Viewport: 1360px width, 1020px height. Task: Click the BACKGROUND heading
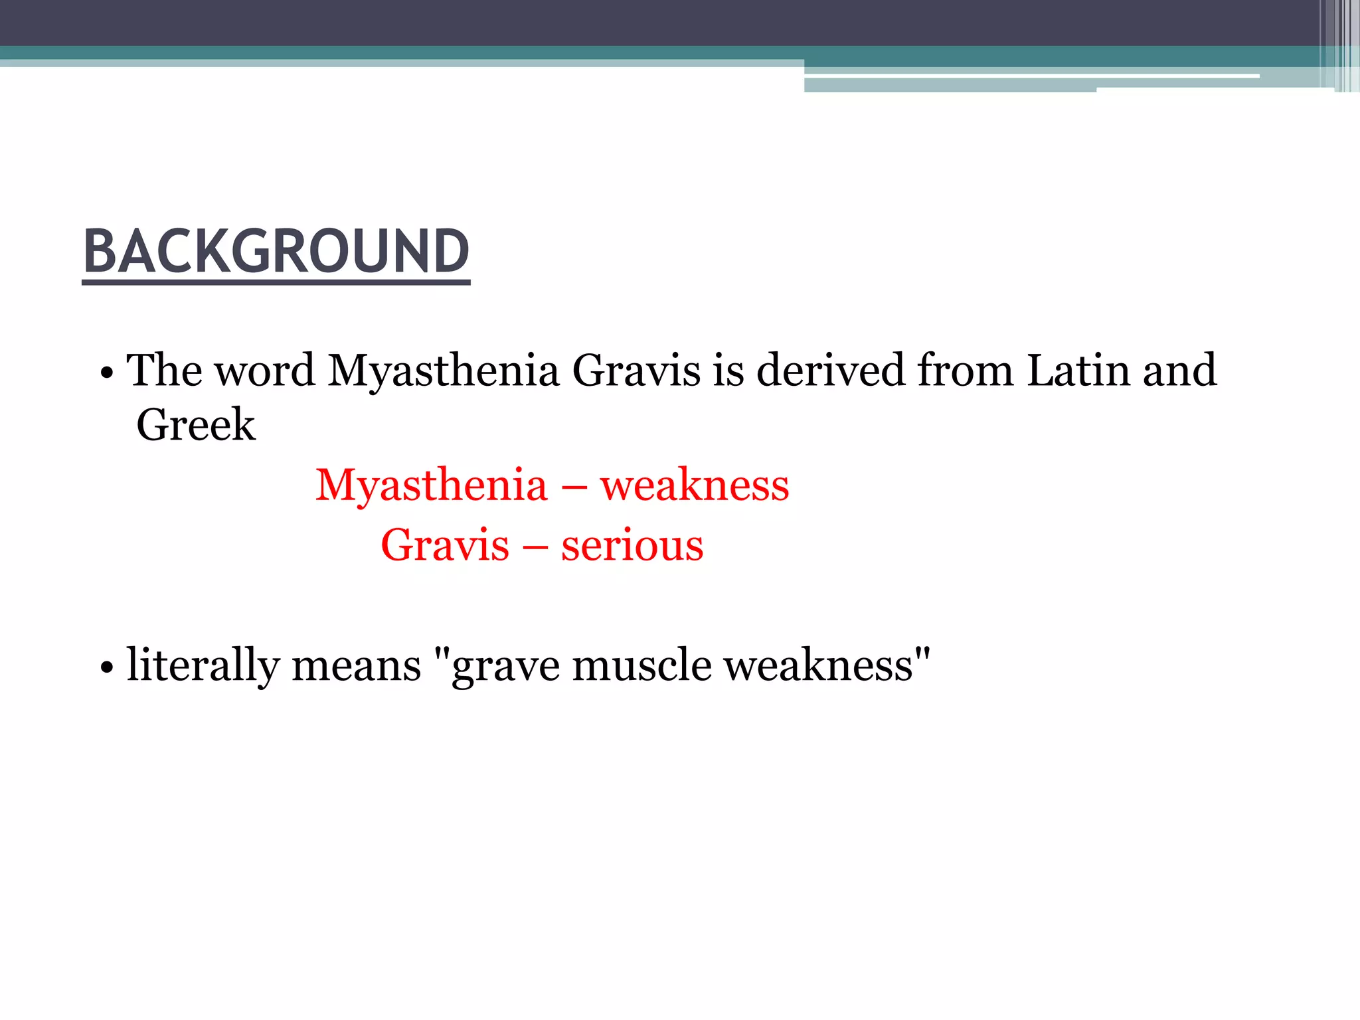pyautogui.click(x=276, y=252)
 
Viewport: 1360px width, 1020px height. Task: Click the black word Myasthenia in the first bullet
pyautogui.click(x=443, y=371)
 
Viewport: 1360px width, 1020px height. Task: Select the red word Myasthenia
pyautogui.click(x=432, y=485)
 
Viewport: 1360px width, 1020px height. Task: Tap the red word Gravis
pyautogui.click(x=445, y=545)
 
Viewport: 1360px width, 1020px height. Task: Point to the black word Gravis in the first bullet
pyautogui.click(x=636, y=371)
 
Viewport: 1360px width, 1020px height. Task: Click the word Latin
pyautogui.click(x=1078, y=371)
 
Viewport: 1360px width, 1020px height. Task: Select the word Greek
pyautogui.click(x=196, y=425)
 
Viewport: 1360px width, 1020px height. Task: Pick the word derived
pyautogui.click(x=831, y=371)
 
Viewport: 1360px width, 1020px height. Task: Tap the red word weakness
pyautogui.click(x=695, y=485)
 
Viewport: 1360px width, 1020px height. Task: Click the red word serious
pyautogui.click(x=632, y=545)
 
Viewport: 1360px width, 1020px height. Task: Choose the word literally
pyautogui.click(x=203, y=665)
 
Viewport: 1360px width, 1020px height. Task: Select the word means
pyautogui.click(x=357, y=665)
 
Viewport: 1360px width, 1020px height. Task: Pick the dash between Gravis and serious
pyautogui.click(x=535, y=547)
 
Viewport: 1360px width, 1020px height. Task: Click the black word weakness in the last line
pyautogui.click(x=818, y=665)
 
